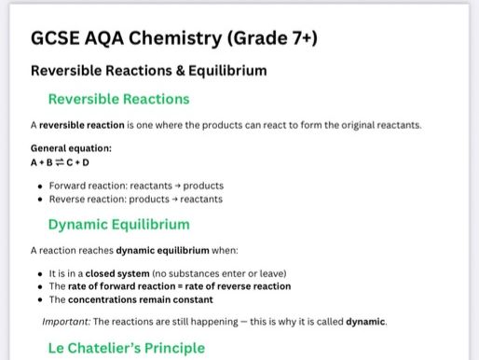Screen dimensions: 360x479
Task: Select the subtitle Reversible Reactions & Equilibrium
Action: point(148,70)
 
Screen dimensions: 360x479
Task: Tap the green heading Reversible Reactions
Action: point(118,99)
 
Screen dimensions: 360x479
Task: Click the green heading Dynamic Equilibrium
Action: point(118,224)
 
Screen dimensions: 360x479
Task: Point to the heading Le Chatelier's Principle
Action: point(126,348)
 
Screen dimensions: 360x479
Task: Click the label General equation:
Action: point(71,147)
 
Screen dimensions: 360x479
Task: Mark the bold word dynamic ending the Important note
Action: point(366,322)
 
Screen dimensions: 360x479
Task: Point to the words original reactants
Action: point(384,124)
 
